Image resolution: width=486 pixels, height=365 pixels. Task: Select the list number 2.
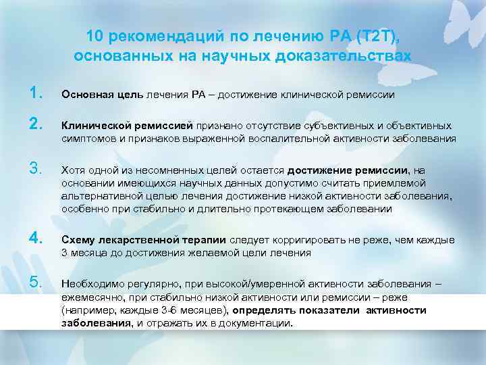pyautogui.click(x=36, y=126)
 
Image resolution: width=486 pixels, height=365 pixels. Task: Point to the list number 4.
pyautogui.click(x=36, y=239)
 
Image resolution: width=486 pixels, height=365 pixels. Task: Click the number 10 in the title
pyautogui.click(x=95, y=35)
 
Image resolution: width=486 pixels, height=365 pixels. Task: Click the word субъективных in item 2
pyautogui.click(x=350, y=126)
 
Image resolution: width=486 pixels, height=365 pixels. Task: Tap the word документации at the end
pyautogui.click(x=261, y=322)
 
